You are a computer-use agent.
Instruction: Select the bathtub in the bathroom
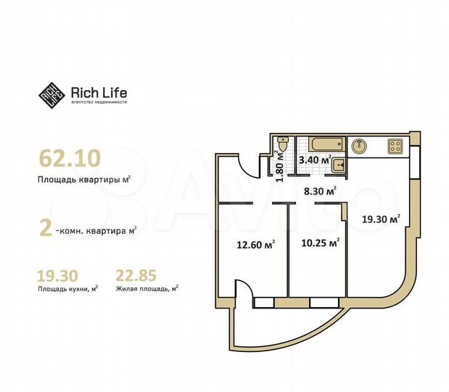(321, 144)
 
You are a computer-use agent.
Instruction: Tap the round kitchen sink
(358, 146)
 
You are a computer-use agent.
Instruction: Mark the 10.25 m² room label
(320, 244)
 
